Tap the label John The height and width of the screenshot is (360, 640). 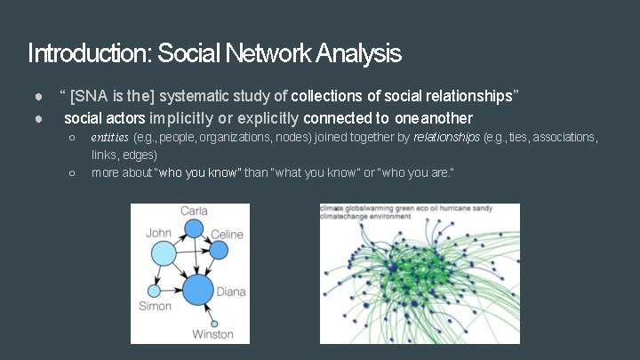pyautogui.click(x=158, y=234)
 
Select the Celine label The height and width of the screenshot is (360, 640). pyautogui.click(x=226, y=235)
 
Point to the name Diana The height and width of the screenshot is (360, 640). pyautogui.click(x=231, y=291)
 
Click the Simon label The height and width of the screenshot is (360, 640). pyautogui.click(x=155, y=307)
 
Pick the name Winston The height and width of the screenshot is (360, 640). pyautogui.click(x=212, y=334)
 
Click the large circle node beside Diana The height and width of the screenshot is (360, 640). pyautogui.click(x=198, y=289)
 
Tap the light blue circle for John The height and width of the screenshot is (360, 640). pyautogui.click(x=165, y=256)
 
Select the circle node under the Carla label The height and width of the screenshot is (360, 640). pyautogui.click(x=193, y=228)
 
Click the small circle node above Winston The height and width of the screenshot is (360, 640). pyautogui.click(x=213, y=323)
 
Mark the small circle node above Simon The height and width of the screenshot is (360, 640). pyautogui.click(x=154, y=292)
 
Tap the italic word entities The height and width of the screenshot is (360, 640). pyautogui.click(x=109, y=138)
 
